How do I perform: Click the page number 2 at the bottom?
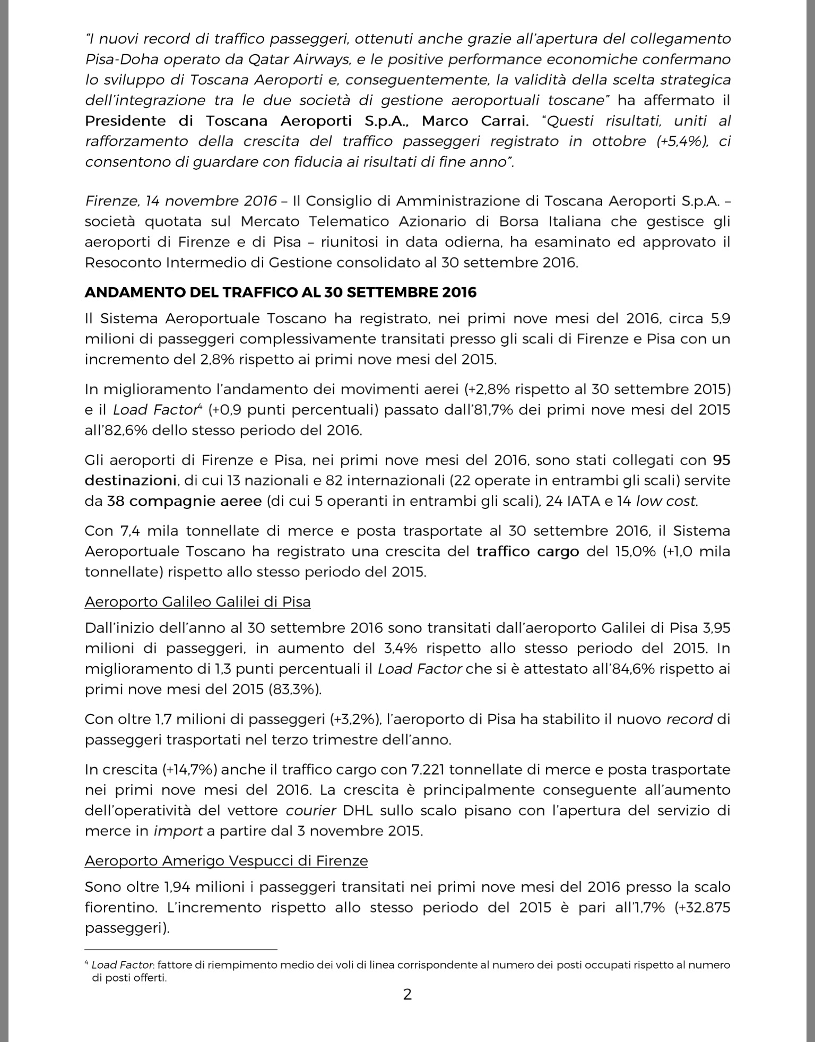[x=407, y=994]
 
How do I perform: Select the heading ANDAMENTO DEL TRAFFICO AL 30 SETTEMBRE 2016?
[x=280, y=292]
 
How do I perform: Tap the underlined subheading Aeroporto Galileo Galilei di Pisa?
[x=197, y=602]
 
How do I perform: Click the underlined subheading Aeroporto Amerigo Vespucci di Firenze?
[x=226, y=860]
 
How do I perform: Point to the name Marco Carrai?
[x=475, y=121]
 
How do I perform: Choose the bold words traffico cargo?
[x=527, y=552]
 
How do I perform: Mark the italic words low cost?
[x=666, y=501]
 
